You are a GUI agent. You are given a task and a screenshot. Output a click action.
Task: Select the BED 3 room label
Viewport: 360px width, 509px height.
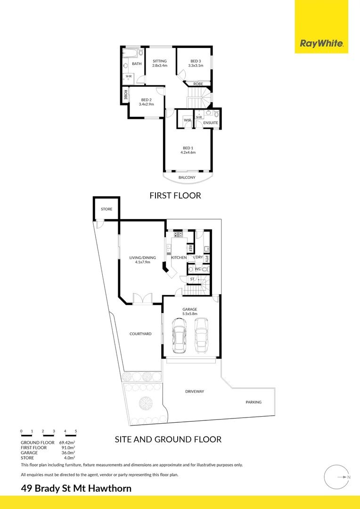click(x=196, y=63)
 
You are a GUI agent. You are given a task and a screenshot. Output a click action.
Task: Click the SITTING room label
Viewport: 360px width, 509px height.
click(x=160, y=63)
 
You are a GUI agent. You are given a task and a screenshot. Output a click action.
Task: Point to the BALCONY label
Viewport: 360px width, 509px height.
click(x=187, y=178)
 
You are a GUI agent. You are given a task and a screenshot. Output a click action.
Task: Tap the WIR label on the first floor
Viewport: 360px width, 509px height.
click(x=187, y=121)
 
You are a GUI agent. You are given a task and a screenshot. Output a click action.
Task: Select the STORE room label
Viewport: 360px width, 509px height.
click(x=106, y=209)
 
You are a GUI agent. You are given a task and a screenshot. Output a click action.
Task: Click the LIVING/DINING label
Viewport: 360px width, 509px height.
click(x=139, y=260)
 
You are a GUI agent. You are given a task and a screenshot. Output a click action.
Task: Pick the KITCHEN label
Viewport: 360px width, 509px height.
click(x=179, y=258)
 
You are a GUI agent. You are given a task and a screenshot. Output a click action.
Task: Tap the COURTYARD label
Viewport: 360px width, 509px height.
click(x=140, y=334)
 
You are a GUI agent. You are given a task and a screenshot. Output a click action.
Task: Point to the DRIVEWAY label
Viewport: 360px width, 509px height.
click(x=194, y=392)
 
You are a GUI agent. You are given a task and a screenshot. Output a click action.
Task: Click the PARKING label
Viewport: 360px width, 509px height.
click(x=253, y=402)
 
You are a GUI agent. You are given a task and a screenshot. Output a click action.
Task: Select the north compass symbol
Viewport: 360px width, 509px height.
click(x=337, y=477)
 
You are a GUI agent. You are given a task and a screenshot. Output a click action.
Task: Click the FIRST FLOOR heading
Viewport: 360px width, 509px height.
click(x=175, y=195)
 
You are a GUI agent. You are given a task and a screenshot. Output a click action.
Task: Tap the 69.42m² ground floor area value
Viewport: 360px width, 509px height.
click(x=67, y=443)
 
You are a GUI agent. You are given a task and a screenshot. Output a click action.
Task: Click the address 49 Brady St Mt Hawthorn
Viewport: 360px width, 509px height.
click(x=76, y=488)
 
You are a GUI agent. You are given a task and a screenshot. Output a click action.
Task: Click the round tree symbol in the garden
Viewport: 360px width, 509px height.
click(x=145, y=404)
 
